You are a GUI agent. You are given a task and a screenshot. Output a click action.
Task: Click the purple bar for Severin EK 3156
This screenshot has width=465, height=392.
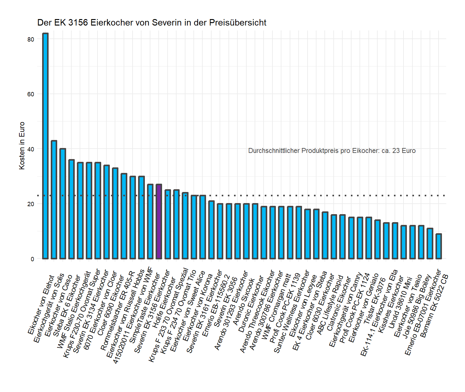(x=159, y=222)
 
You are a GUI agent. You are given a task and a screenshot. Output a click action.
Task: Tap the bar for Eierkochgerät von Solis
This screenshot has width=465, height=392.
(x=54, y=200)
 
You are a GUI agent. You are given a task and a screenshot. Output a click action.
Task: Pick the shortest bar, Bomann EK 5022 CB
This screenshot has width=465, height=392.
(x=439, y=246)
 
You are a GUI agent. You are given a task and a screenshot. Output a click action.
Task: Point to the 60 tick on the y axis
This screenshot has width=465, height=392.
(x=31, y=94)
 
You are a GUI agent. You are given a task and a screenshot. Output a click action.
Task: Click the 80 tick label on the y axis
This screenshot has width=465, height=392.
(x=31, y=39)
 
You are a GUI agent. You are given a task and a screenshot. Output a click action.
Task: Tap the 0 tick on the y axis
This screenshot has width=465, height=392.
(x=32, y=259)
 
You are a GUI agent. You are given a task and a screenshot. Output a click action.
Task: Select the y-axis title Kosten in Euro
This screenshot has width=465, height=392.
(x=22, y=146)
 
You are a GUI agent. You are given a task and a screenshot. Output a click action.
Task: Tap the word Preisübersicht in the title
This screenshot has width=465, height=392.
(x=238, y=23)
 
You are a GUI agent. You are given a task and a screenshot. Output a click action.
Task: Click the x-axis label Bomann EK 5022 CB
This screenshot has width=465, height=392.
(x=434, y=306)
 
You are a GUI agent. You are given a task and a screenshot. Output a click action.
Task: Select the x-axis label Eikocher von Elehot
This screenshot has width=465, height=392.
(x=41, y=305)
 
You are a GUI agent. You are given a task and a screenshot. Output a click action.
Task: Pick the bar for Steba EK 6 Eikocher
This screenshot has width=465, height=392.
(x=71, y=209)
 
